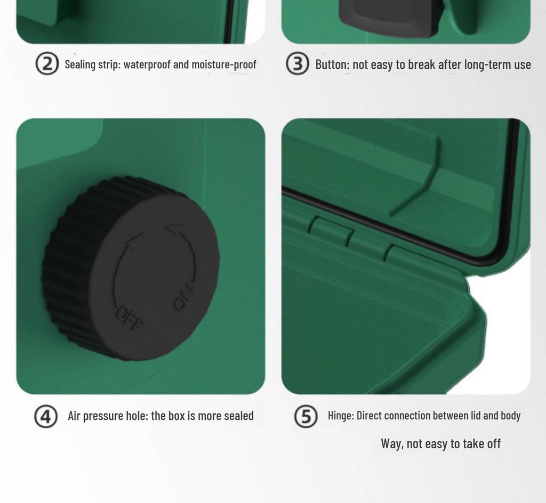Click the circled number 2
(47, 63)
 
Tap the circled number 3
(298, 63)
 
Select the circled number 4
(46, 416)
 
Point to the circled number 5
(306, 416)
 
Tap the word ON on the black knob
(183, 297)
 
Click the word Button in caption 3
(333, 64)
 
